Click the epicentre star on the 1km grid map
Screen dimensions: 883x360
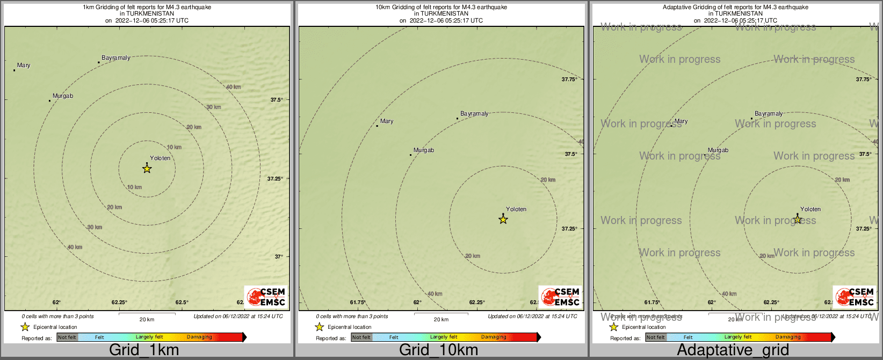click(147, 169)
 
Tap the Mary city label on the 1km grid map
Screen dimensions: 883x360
click(24, 66)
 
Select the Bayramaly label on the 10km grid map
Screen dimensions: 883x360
click(474, 114)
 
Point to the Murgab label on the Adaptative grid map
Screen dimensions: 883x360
click(718, 150)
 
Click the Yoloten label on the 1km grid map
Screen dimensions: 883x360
click(160, 159)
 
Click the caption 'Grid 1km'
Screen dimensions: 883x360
click(144, 350)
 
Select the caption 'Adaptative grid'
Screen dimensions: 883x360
click(733, 350)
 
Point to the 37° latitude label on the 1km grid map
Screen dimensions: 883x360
click(279, 257)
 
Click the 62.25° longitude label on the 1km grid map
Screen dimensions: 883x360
click(119, 303)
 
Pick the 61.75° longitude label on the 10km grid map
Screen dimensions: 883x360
click(358, 303)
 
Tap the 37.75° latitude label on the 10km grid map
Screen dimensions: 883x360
click(569, 80)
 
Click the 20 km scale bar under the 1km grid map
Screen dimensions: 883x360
click(147, 314)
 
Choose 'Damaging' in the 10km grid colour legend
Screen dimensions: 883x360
click(494, 337)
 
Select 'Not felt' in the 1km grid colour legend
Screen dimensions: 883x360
click(67, 337)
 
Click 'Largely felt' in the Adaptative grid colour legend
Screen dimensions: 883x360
click(737, 337)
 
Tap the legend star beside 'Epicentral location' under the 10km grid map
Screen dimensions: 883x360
click(319, 327)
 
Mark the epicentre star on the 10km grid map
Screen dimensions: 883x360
click(503, 219)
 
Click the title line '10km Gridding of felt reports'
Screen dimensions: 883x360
click(441, 8)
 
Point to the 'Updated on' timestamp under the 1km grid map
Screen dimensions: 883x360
click(238, 316)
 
